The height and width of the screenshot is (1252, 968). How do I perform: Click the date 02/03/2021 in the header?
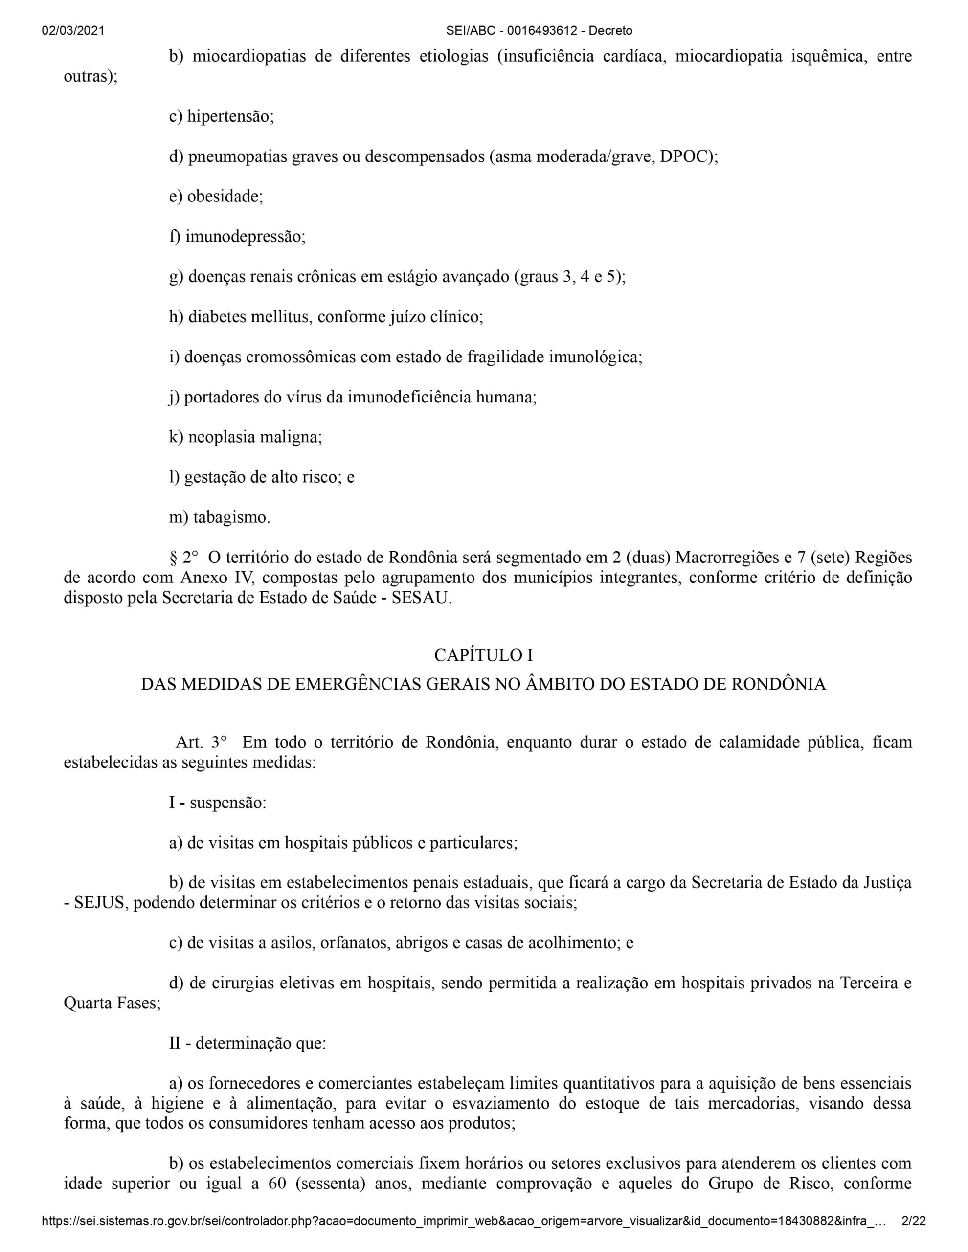(73, 31)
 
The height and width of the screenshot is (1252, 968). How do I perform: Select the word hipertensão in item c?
(230, 117)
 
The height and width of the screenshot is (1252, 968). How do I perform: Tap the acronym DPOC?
(685, 157)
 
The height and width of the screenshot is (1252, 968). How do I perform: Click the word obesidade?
(224, 197)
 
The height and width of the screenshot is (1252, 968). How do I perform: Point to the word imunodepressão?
(245, 237)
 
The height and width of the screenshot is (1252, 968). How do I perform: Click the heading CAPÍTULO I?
(483, 655)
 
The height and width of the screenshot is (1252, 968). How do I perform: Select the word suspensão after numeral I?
(227, 803)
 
